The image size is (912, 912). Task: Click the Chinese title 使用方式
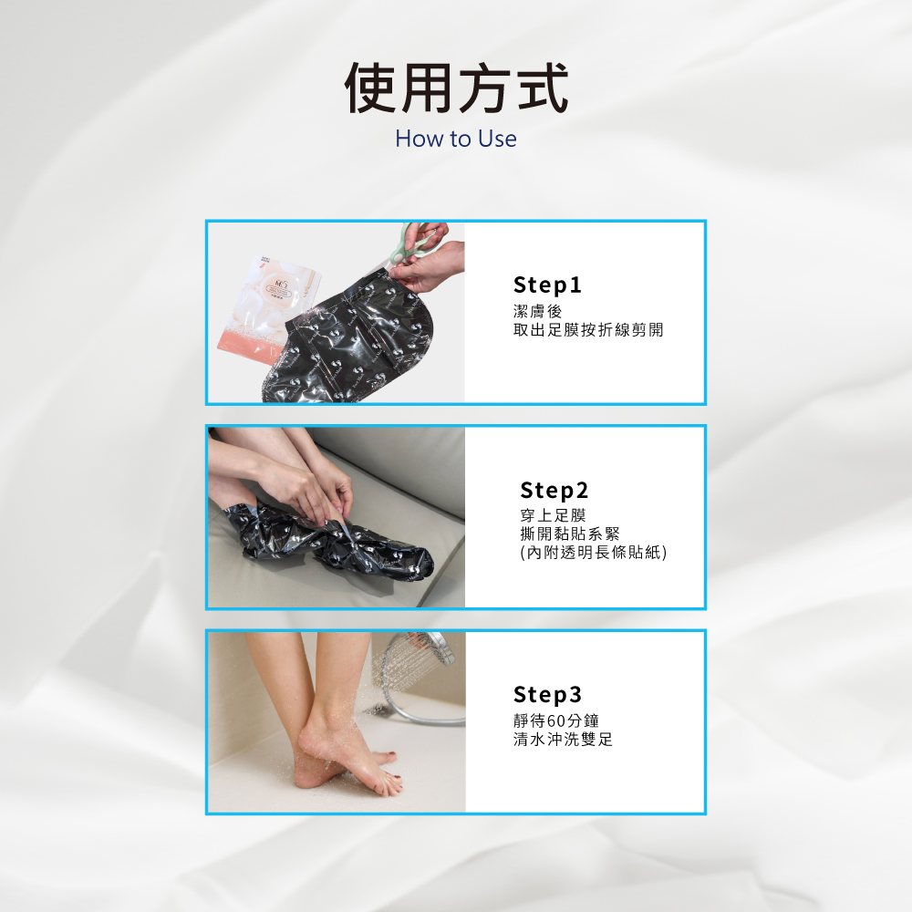(x=456, y=88)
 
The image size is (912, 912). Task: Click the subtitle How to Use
(x=456, y=140)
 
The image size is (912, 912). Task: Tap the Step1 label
(x=547, y=285)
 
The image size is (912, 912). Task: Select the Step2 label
(x=554, y=491)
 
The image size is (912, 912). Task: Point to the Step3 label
(x=547, y=695)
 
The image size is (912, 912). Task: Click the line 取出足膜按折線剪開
(x=588, y=329)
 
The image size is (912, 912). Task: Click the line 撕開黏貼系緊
(x=570, y=534)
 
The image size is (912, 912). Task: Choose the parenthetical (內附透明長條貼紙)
(x=594, y=552)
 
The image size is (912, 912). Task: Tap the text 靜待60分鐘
(x=555, y=721)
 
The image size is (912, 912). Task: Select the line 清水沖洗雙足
(x=563, y=740)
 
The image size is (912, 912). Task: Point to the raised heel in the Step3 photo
(x=315, y=743)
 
